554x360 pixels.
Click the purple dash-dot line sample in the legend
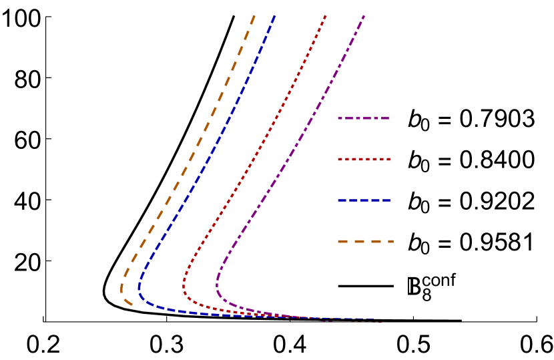click(363, 118)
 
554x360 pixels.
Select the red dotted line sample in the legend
click(364, 160)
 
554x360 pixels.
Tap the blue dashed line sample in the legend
click(364, 200)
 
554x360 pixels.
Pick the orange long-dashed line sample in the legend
click(365, 241)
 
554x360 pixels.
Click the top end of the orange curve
click(254, 15)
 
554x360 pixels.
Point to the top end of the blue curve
click(275, 15)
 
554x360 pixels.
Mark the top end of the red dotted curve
click(326, 15)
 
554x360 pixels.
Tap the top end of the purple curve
click(364, 15)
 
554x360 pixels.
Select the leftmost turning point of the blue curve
click(139, 289)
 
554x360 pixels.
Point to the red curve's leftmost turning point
click(184, 287)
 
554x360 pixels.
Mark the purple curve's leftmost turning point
click(217, 286)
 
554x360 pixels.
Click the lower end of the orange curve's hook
click(131, 305)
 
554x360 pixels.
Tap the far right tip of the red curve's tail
click(381, 323)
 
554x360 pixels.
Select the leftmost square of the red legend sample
click(339, 160)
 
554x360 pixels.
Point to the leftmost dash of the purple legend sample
click(340, 118)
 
